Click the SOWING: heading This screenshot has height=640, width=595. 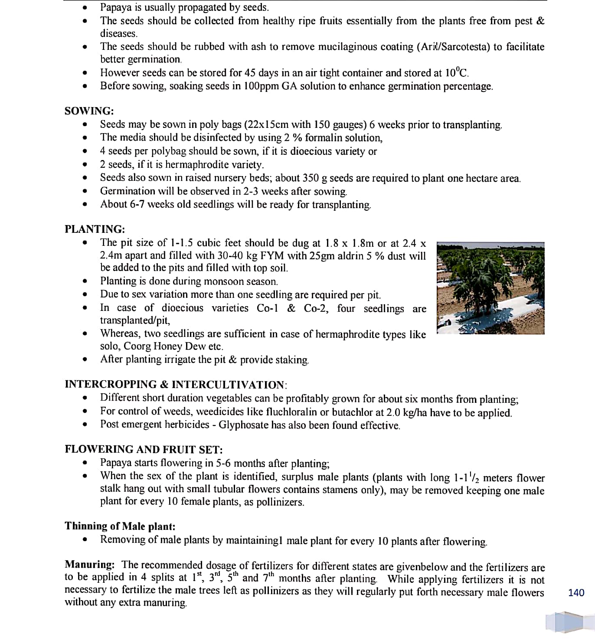pos(89,111)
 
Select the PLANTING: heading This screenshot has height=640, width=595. pos(95,229)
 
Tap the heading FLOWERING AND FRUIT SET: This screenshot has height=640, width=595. pos(144,449)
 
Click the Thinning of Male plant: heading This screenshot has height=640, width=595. pos(120,526)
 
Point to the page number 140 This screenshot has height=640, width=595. pos(576,592)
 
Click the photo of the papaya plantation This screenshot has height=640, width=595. pos(490,288)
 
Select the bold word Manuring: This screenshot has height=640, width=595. pos(89,565)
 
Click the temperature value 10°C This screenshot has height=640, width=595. pos(457,72)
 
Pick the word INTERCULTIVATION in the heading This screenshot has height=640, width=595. pos(228,385)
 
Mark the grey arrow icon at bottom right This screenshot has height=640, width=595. pos(564,622)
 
